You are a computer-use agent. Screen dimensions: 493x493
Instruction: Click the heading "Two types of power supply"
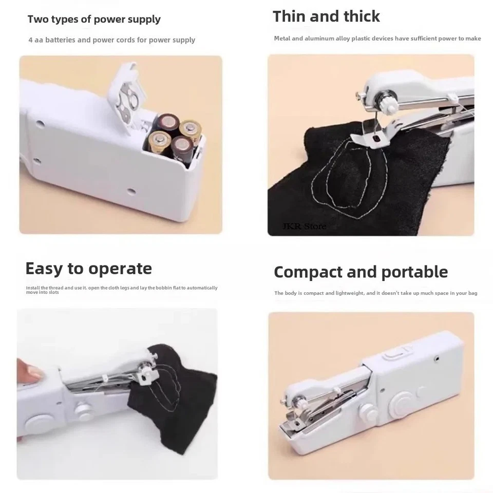[94, 20]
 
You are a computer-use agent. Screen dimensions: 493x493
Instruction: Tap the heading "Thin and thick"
[326, 16]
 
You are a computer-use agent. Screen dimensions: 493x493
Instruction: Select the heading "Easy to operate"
[88, 269]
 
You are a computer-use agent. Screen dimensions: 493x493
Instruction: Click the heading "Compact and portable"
[361, 272]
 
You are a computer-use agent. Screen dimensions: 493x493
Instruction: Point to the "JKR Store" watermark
[304, 226]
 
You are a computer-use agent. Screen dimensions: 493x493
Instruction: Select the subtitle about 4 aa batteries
[111, 40]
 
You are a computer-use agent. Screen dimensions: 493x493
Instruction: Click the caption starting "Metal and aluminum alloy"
[377, 39]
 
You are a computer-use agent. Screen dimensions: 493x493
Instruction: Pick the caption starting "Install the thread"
[122, 290]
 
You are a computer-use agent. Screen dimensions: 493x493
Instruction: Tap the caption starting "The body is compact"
[375, 293]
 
